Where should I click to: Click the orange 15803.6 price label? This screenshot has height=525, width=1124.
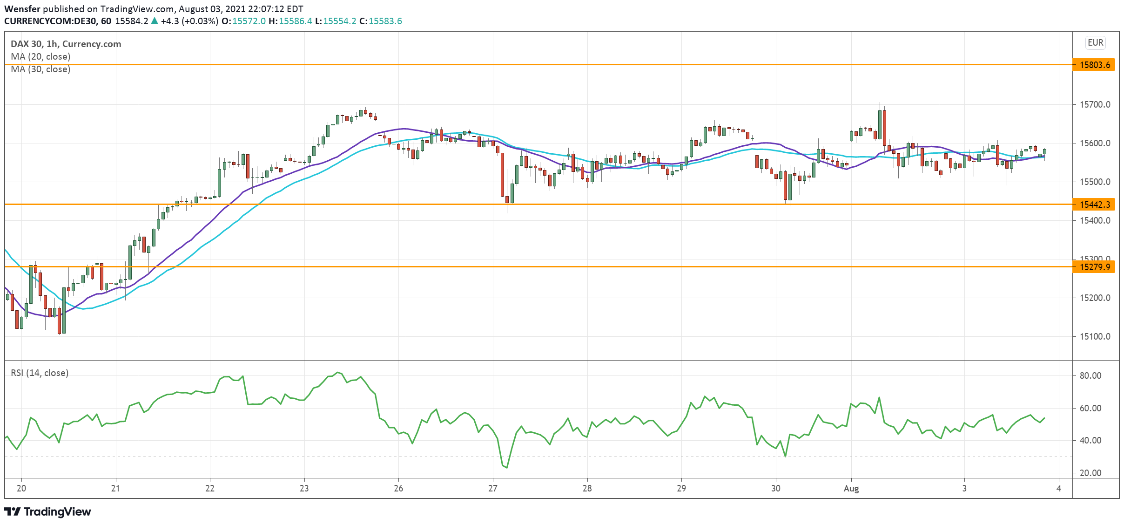1094,65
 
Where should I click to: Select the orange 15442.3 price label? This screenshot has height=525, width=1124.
1094,205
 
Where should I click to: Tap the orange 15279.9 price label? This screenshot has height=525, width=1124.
1094,267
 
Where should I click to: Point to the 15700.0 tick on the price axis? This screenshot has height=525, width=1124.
1095,104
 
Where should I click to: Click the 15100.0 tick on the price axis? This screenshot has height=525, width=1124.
1095,336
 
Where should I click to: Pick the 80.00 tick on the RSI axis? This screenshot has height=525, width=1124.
1090,375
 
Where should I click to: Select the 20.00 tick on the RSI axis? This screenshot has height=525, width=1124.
1090,473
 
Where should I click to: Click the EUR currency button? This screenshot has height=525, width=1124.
1095,43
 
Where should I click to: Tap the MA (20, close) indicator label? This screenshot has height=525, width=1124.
40,56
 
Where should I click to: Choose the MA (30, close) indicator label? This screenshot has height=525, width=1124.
40,69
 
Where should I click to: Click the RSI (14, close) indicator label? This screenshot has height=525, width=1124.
40,373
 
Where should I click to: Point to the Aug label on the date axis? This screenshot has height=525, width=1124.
851,488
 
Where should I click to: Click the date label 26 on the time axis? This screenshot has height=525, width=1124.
398,488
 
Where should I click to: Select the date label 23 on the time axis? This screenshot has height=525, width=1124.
304,488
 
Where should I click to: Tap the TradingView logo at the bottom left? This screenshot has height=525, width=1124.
48,511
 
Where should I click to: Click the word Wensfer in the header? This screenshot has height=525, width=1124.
22,9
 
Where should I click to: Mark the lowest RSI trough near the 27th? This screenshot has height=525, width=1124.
506,467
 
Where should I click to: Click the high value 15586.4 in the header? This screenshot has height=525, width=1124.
296,21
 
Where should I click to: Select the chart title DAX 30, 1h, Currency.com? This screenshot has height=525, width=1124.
66,44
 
